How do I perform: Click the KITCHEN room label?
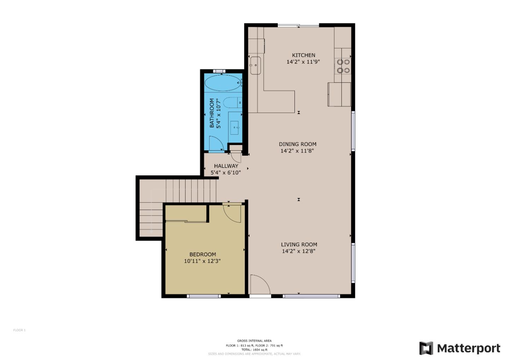[303, 55]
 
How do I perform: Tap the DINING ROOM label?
[297, 144]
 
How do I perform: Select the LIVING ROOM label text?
[299, 244]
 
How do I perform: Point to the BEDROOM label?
[203, 254]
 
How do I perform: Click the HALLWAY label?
[226, 166]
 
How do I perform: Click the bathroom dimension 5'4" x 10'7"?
[218, 113]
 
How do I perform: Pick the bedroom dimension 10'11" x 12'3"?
[202, 261]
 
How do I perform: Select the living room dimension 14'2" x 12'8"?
[298, 251]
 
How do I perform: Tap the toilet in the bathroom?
[232, 103]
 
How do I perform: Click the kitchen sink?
[255, 65]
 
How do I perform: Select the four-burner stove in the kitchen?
[343, 66]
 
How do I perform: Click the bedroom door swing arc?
[232, 213]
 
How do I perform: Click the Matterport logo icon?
[426, 348]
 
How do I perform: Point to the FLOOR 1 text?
[19, 330]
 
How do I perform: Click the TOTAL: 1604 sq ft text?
[254, 350]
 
